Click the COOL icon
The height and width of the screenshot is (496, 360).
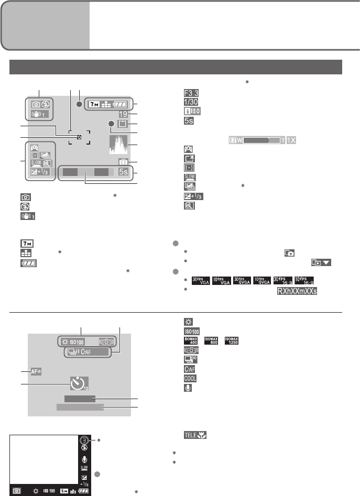[x=190, y=379]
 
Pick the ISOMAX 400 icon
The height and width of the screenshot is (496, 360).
[x=190, y=341]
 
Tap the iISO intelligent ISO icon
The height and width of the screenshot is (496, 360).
[x=190, y=111]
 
